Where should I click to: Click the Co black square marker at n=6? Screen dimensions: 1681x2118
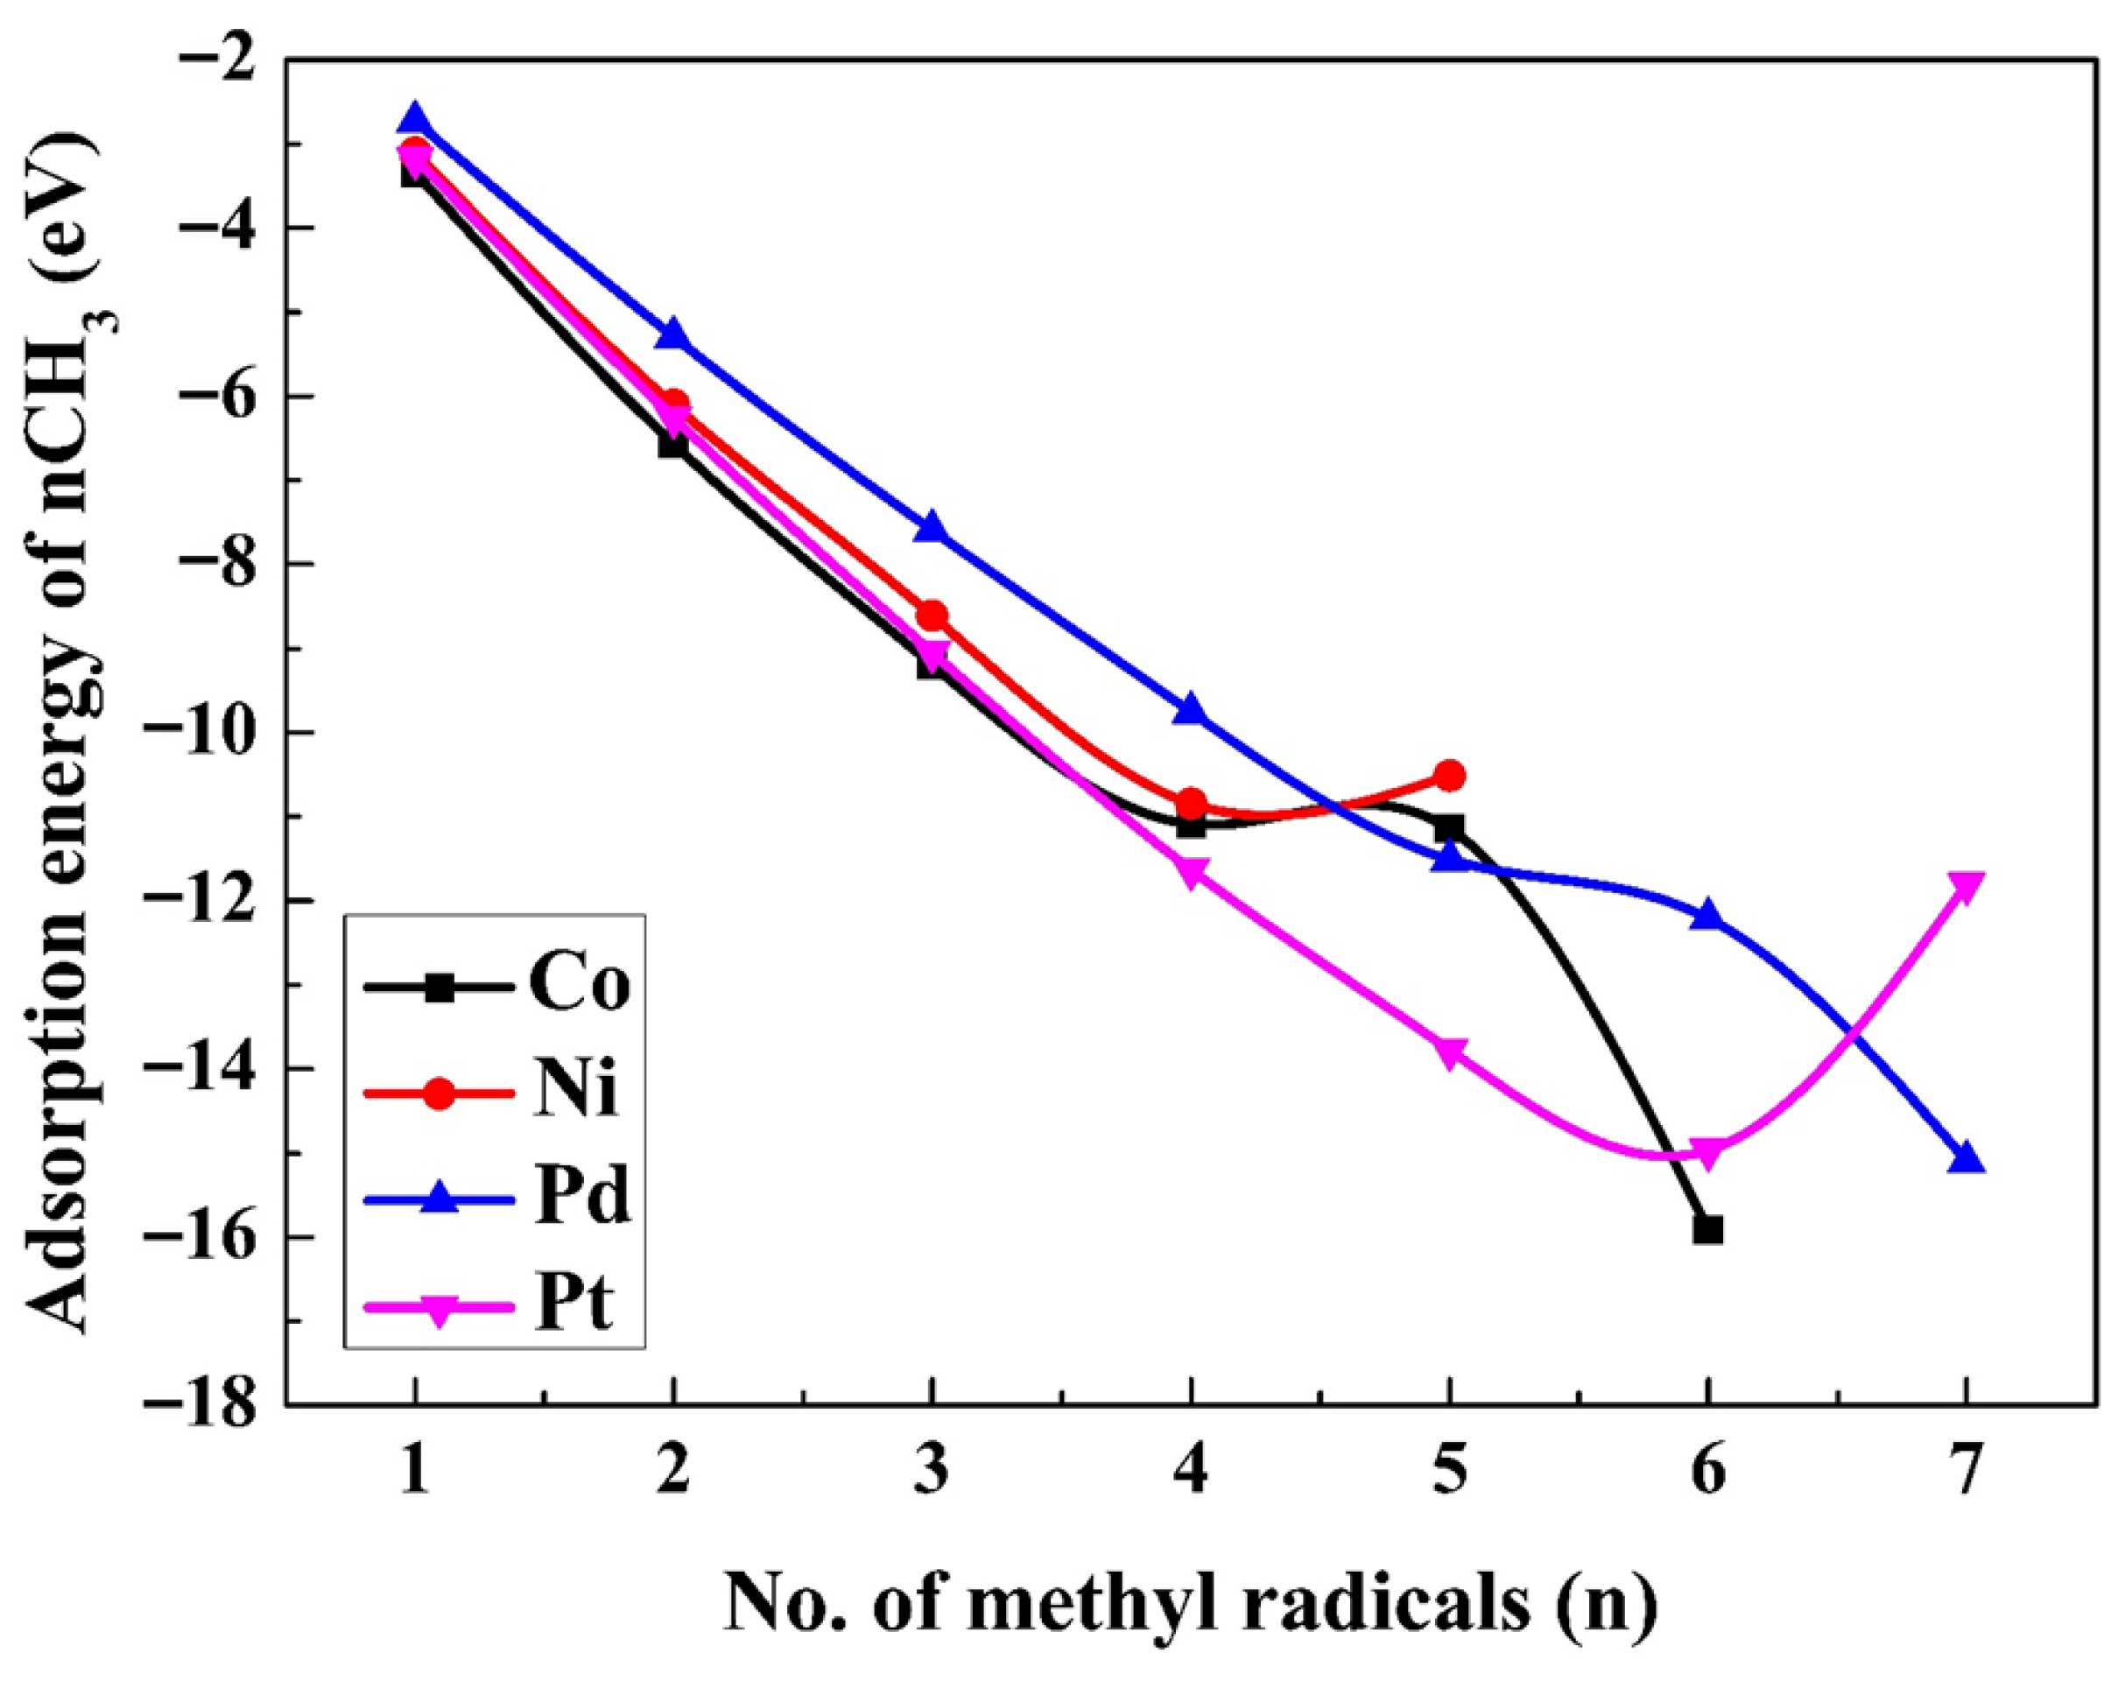pyautogui.click(x=1707, y=1230)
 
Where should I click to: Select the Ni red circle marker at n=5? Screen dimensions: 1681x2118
pyautogui.click(x=1449, y=775)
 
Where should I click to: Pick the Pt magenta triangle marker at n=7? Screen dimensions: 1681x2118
pyautogui.click(x=1966, y=885)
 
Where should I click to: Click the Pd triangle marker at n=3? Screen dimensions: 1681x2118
pyautogui.click(x=932, y=526)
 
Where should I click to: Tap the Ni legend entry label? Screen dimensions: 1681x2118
pyautogui.click(x=577, y=1091)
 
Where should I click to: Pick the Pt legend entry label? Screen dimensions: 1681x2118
pyautogui.click(x=574, y=1304)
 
